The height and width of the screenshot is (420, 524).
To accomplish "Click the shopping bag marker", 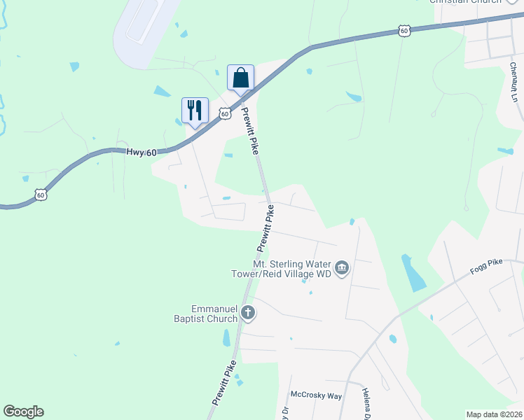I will tap(240, 77).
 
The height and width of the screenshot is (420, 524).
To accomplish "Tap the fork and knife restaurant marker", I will tap(195, 110).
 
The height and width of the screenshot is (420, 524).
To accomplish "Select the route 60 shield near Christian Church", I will tap(404, 30).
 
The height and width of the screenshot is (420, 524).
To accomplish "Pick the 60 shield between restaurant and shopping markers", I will tap(224, 113).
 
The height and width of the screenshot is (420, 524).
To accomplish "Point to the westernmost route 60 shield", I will tap(41, 195).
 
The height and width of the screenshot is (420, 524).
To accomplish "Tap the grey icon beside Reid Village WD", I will tap(342, 268).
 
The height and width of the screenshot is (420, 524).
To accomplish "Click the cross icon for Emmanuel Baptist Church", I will tap(247, 313).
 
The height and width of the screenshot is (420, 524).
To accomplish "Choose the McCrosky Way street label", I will tap(316, 395).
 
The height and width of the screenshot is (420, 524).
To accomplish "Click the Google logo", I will tap(23, 412).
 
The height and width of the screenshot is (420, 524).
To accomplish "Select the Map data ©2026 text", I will tap(494, 414).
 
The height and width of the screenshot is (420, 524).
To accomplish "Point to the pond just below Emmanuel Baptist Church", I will tap(226, 337).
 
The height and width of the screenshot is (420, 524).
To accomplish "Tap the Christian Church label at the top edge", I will tap(466, 2).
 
